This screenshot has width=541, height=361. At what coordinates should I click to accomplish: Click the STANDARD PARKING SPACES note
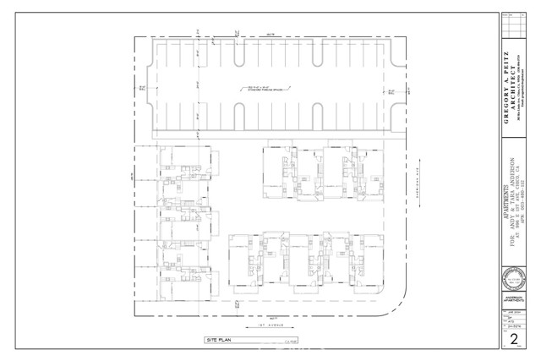tap(262, 85)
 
